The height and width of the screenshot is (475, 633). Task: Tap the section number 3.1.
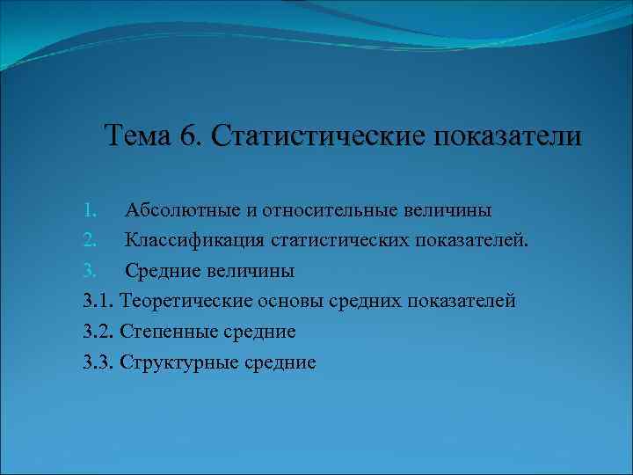99,301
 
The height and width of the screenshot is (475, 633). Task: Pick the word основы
289,301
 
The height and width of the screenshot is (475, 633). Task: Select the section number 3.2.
99,332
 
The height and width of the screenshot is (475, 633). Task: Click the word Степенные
170,332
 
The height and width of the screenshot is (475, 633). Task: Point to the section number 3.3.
99,362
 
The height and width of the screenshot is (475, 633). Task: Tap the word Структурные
179,362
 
